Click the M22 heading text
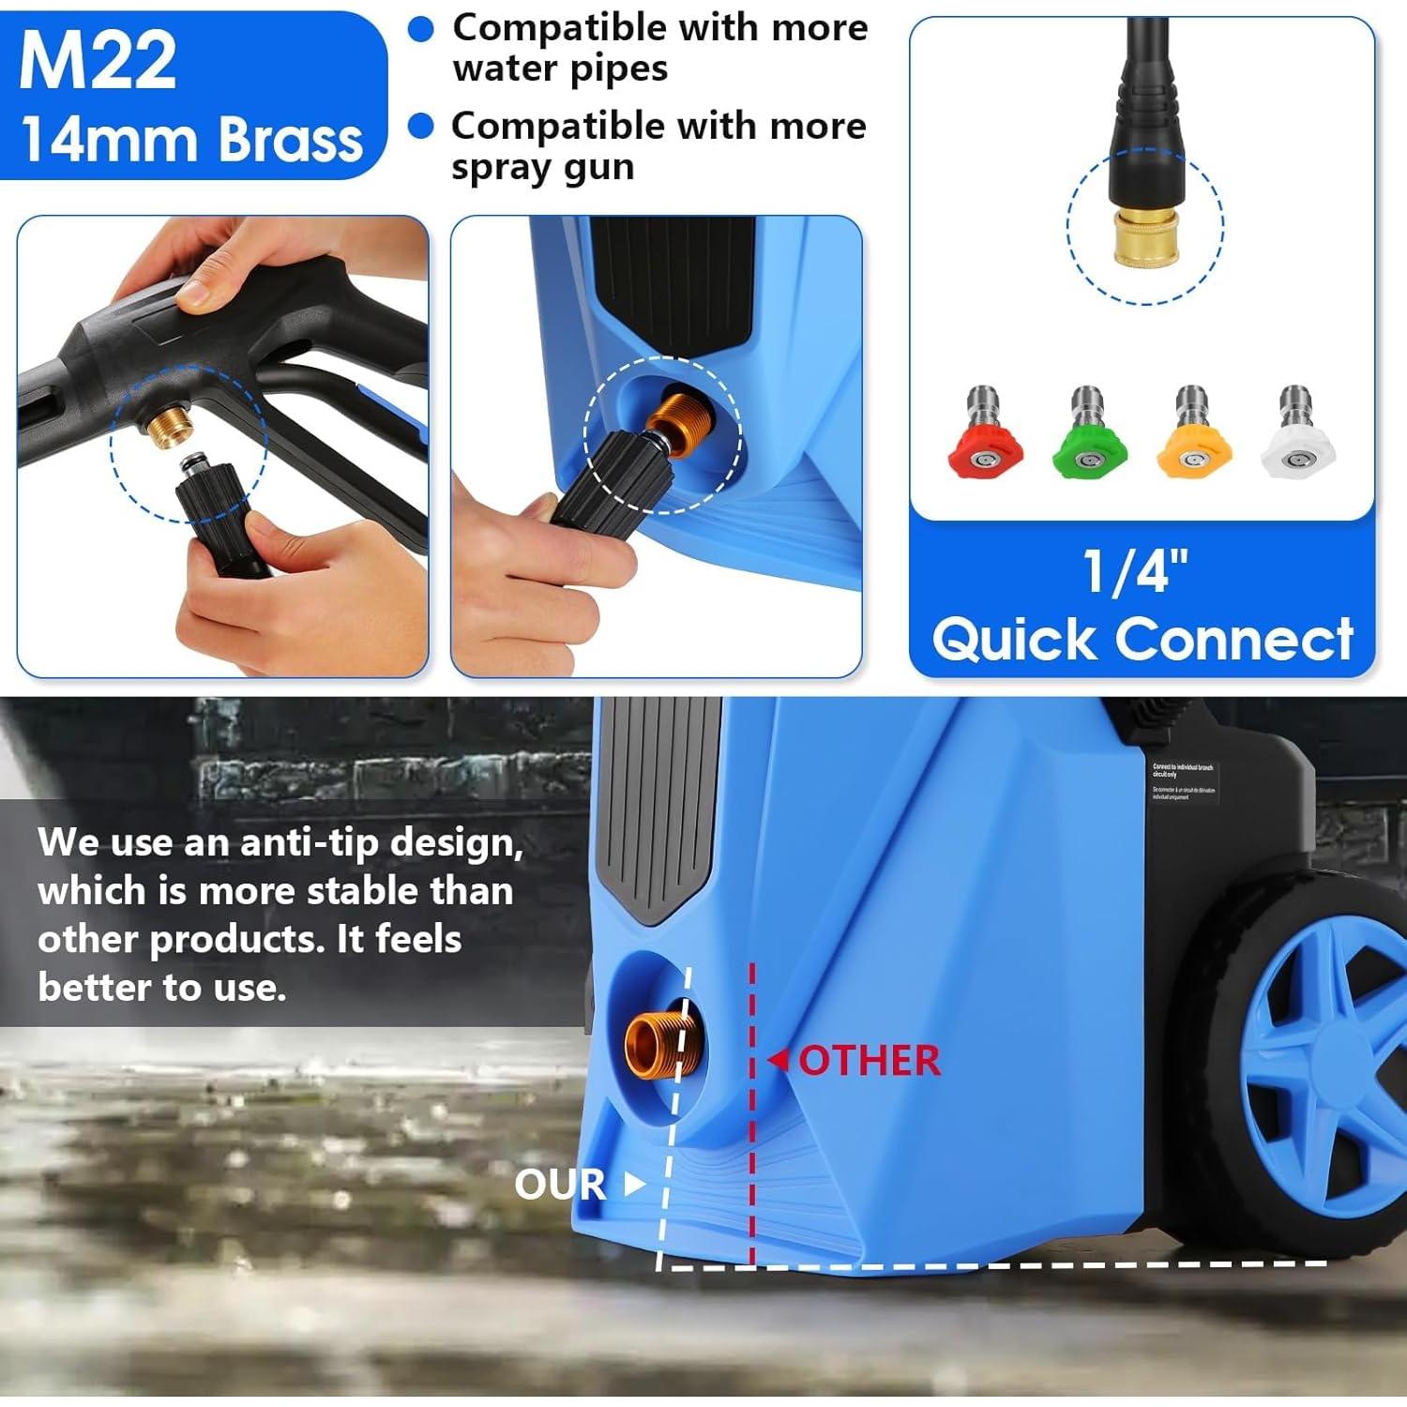coord(98,62)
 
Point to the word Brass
coord(291,141)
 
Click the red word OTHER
coord(870,1061)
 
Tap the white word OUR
coord(560,1185)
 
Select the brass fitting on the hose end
coord(1143,238)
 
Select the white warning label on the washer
coord(1183,781)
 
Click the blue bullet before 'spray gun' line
coord(421,126)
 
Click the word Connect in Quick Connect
coord(1234,641)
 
